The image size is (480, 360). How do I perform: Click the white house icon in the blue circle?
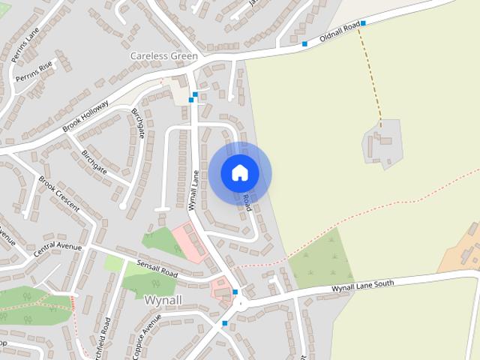pos(239,172)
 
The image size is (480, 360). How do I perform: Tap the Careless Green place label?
pos(163,56)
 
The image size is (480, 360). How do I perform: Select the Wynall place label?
pos(162,300)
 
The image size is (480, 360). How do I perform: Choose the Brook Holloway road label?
pos(86,116)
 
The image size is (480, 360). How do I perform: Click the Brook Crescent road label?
pos(58,194)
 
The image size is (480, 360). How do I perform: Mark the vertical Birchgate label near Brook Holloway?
pos(138,123)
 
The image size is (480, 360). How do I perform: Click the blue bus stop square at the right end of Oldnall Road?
pos(362,23)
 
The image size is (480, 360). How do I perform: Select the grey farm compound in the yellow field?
pos(382,142)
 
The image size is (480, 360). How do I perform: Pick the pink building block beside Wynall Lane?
pos(187,241)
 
